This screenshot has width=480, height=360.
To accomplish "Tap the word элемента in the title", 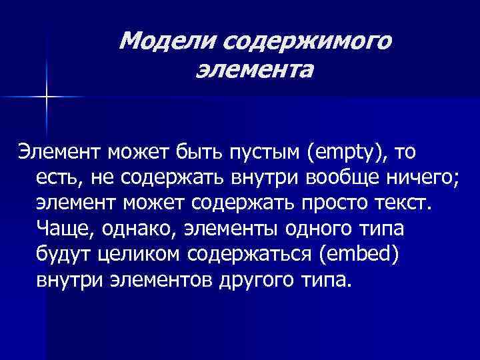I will (x=254, y=68).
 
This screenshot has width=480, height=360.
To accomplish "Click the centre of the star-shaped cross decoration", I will (x=47, y=97).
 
